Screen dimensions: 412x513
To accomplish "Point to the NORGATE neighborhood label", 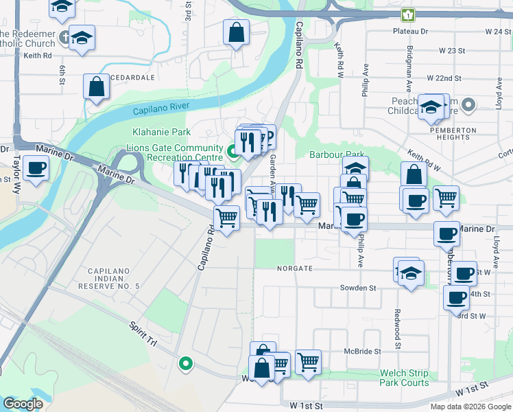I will point(295,268).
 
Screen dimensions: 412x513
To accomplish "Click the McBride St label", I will point(362,352).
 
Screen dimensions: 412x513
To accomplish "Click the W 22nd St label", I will point(446,79).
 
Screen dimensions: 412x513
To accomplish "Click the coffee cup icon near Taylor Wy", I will point(36,167).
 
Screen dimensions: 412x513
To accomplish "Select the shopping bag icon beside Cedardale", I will point(96,87).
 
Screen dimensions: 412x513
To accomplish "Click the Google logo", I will point(23,404).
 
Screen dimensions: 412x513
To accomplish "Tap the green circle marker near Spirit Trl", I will point(184,364).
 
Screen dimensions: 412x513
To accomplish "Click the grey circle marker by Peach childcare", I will point(468,105).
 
